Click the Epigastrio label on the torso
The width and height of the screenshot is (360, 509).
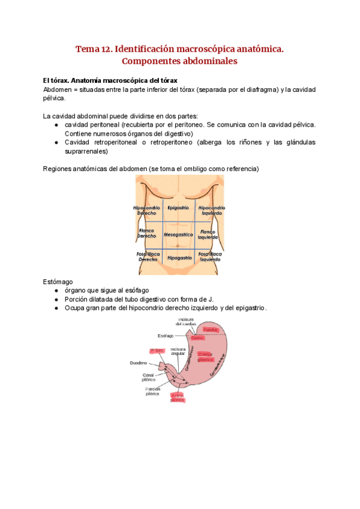[x=179, y=208]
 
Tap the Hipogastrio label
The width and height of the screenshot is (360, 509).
[x=179, y=258]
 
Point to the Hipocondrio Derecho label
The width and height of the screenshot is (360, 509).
[x=147, y=210]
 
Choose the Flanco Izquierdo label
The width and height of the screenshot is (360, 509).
[x=208, y=234]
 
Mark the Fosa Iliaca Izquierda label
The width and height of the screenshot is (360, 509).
[x=210, y=257]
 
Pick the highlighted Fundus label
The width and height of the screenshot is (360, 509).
[x=209, y=330]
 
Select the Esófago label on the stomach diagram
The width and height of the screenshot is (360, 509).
[x=166, y=336]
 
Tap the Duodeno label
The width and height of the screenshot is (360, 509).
[x=139, y=363]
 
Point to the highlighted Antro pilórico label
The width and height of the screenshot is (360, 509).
[x=178, y=397]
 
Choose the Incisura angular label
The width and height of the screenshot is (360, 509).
[x=178, y=351]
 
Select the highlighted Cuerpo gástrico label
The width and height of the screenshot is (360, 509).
[x=205, y=357]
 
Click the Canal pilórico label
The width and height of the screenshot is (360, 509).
[x=149, y=377]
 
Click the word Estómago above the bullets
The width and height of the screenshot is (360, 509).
[x=58, y=280]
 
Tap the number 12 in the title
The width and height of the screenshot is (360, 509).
[x=106, y=49]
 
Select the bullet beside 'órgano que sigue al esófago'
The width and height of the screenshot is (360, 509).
[x=56, y=290]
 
